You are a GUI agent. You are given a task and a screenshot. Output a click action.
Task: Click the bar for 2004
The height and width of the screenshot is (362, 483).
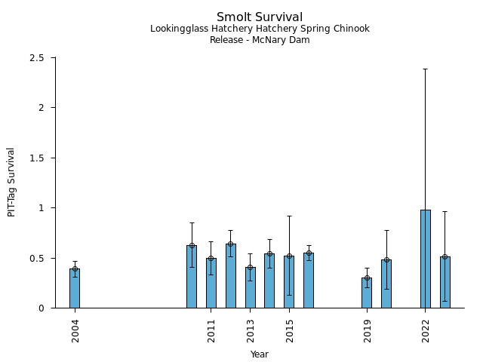tap(75, 289)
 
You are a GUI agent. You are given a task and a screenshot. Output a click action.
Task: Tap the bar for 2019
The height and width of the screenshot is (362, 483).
tap(367, 293)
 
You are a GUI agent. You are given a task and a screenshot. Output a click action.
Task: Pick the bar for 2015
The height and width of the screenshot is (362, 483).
tap(289, 282)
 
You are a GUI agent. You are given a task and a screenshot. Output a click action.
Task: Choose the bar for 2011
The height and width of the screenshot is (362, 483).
tap(211, 283)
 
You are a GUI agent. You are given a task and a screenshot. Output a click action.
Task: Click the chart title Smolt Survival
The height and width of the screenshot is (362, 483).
tap(260, 17)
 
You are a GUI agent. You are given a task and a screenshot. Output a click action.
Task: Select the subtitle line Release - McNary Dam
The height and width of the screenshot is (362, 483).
tap(260, 41)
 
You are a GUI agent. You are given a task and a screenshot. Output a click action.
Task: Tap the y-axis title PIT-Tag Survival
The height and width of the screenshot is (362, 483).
tap(11, 183)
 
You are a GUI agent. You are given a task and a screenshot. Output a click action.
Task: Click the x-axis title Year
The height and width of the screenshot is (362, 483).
tap(260, 354)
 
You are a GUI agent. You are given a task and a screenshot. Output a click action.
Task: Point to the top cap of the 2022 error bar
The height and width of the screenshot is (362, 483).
tap(426, 69)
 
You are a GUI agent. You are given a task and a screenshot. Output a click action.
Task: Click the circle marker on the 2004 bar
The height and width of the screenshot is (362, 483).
tap(75, 269)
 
